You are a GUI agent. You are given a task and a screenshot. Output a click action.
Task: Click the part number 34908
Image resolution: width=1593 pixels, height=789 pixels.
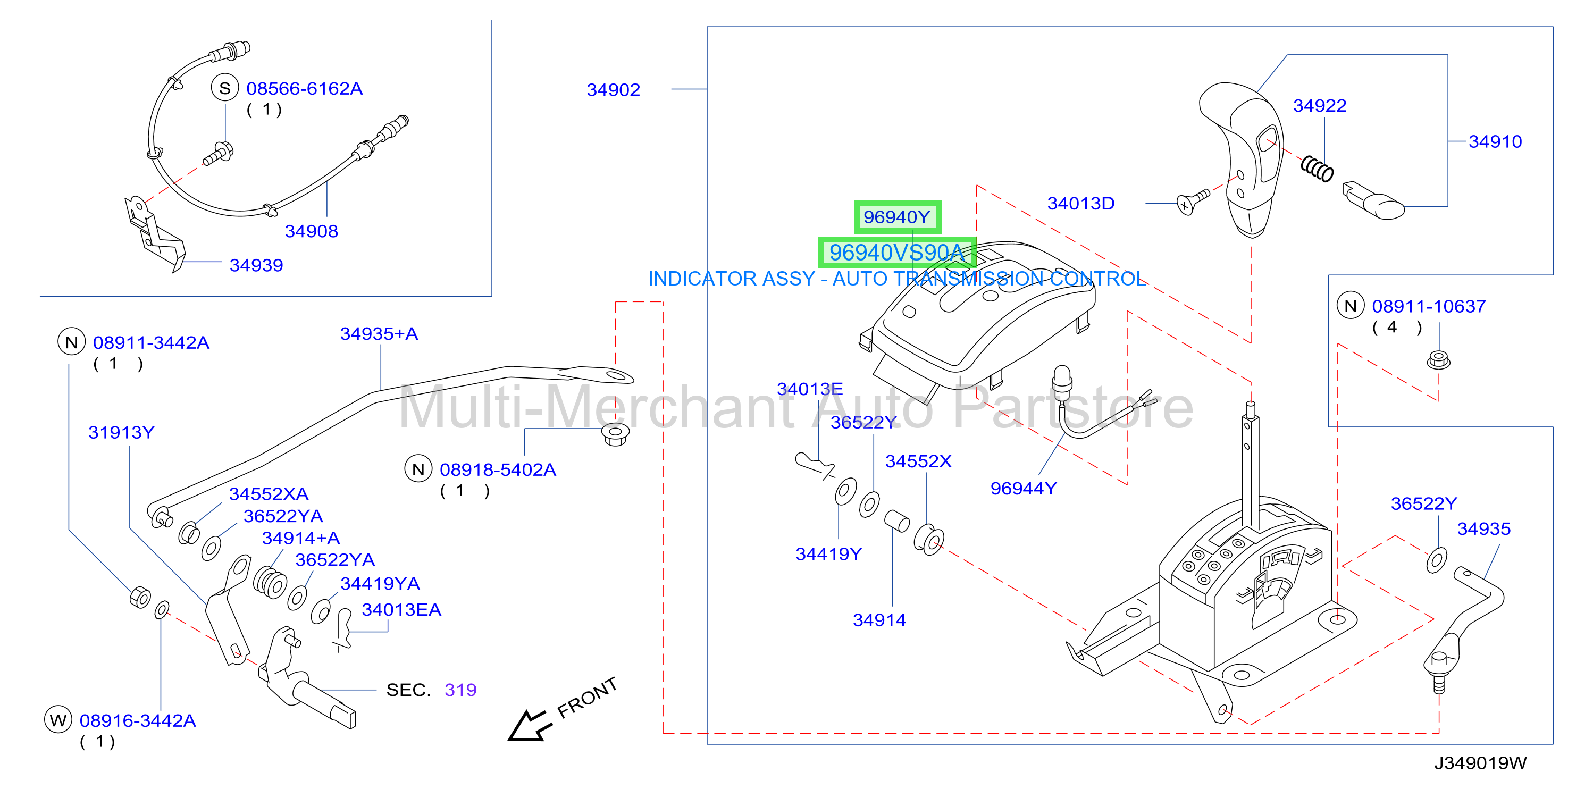pos(311,231)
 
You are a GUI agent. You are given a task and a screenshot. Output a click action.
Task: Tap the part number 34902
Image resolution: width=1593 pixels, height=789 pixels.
pos(613,90)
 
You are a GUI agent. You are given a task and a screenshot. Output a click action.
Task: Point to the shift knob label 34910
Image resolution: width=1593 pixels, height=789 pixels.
pos(1495,141)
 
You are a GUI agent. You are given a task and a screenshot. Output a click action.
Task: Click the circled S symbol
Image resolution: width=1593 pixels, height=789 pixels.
pos(225,88)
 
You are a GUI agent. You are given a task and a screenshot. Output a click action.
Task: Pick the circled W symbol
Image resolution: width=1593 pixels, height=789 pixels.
pos(58,720)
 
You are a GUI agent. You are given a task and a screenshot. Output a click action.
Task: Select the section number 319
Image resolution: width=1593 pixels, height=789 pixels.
pos(460,690)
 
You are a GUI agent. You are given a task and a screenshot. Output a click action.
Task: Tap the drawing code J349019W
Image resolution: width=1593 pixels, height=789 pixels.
pos(1480,763)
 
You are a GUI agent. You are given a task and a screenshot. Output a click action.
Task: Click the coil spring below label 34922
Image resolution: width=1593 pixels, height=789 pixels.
pos(1317,168)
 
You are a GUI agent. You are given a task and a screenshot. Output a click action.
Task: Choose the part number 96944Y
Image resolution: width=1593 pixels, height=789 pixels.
pos(1024,489)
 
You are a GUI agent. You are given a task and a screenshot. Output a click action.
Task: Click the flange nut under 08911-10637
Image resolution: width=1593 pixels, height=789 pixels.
pos(1438,360)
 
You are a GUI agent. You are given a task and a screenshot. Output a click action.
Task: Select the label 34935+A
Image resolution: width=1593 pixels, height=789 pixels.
pos(379,334)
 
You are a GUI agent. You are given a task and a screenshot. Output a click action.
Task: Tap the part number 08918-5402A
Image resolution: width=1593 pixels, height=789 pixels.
pos(498,470)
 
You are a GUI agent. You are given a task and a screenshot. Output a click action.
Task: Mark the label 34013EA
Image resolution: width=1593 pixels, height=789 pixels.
pos(401,610)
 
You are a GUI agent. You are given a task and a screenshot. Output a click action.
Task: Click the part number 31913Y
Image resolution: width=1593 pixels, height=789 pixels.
pos(121,432)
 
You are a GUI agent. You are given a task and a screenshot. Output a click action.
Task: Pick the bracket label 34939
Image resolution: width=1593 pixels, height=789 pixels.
pos(256,265)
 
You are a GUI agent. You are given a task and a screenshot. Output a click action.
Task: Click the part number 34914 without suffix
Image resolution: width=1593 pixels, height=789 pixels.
pos(879,620)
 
